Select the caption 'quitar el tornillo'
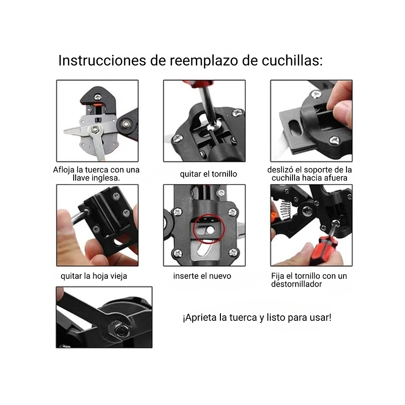[x=208, y=174]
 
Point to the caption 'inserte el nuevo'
[x=202, y=276]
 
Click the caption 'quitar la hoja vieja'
[x=94, y=276]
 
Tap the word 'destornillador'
[x=297, y=284]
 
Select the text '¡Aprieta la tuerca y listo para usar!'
[x=257, y=318]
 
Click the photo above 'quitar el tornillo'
[x=204, y=121]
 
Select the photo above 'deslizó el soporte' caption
[x=311, y=121]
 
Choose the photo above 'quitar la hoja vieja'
[x=97, y=225]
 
